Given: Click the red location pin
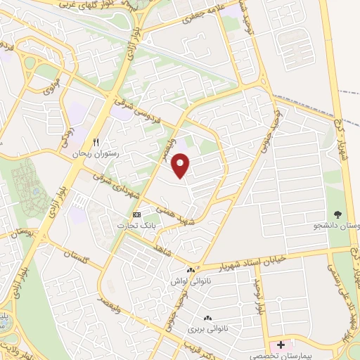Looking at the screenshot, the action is pyautogui.click(x=181, y=166).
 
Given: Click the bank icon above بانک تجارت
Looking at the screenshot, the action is pyautogui.click(x=136, y=214).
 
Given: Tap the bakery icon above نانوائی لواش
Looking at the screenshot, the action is pyautogui.click(x=191, y=271).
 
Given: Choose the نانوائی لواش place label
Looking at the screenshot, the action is pyautogui.click(x=188, y=281).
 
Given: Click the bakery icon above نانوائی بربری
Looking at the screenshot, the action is pyautogui.click(x=207, y=319).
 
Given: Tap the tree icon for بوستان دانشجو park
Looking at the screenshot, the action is pyautogui.click(x=339, y=214).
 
